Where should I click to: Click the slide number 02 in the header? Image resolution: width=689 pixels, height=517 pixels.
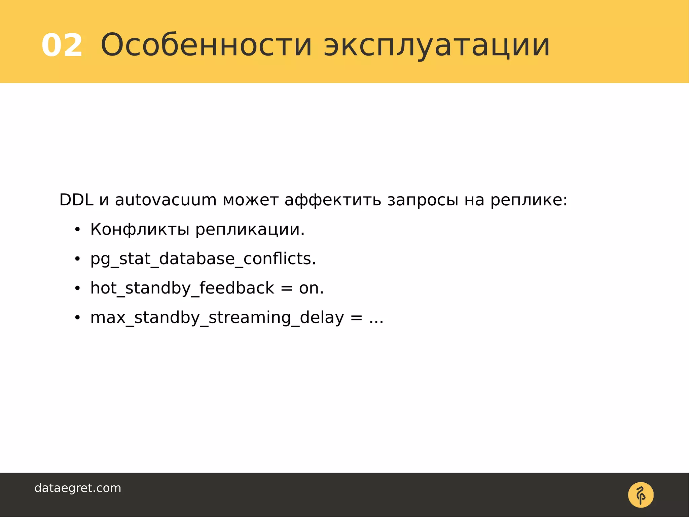(62, 45)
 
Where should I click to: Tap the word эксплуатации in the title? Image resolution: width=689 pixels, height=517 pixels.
(437, 45)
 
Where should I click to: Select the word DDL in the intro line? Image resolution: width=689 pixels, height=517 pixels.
(76, 200)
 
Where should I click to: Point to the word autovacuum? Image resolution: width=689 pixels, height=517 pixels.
(166, 200)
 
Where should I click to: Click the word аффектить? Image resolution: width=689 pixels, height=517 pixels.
(333, 201)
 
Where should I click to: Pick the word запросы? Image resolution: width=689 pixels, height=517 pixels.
(423, 201)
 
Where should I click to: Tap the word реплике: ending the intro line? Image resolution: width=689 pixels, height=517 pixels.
(529, 201)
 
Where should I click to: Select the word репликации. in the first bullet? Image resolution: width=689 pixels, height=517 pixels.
(250, 230)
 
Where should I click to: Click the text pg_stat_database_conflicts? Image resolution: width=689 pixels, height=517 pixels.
(203, 259)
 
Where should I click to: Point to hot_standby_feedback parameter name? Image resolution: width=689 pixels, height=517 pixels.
(182, 288)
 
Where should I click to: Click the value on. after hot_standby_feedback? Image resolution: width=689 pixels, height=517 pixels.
(311, 288)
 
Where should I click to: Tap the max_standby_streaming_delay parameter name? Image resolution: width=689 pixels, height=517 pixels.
(217, 318)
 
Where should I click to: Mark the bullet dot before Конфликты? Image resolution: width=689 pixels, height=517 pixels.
(77, 230)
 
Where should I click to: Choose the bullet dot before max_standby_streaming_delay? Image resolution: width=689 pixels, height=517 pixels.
(77, 318)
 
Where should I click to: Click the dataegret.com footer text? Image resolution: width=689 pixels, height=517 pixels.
(78, 488)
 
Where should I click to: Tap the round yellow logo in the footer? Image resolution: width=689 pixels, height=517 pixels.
(641, 495)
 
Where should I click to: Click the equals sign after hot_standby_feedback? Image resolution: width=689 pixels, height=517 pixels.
(286, 288)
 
